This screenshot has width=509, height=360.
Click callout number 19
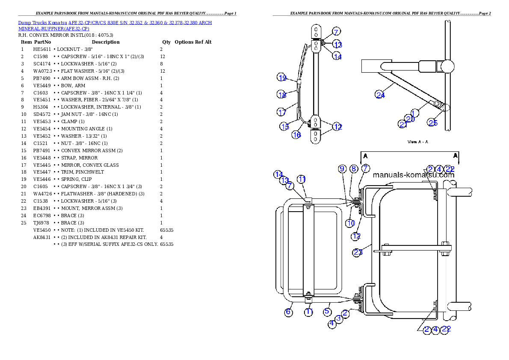[x=281, y=78]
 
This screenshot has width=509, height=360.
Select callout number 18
[x=281, y=95]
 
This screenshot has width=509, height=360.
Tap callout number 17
[x=281, y=112]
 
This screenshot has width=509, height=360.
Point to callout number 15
[x=285, y=127]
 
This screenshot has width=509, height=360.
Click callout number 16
[x=296, y=135]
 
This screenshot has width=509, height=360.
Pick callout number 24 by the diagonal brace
[x=380, y=95]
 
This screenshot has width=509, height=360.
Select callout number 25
[x=433, y=123]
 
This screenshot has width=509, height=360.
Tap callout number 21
[x=403, y=124]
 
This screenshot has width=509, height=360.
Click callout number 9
[x=342, y=169]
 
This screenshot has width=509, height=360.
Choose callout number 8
[x=354, y=169]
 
